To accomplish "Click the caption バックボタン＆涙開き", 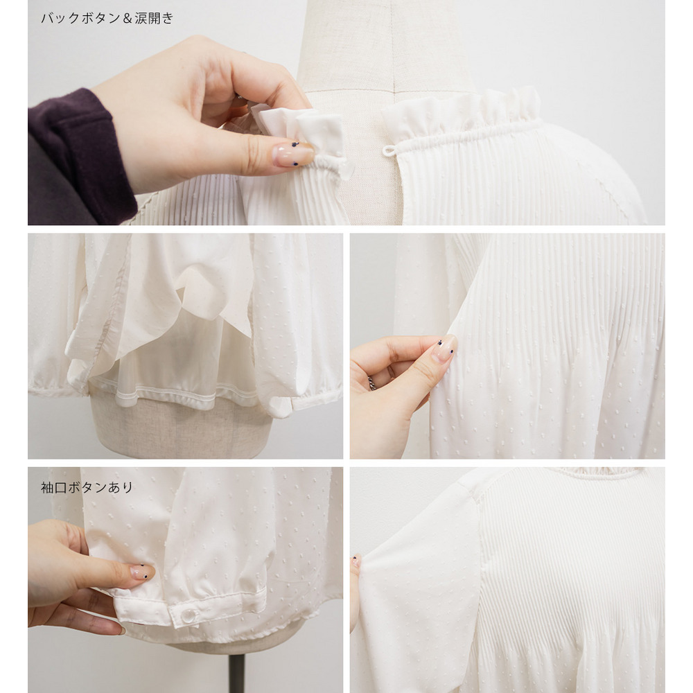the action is pos(107,18).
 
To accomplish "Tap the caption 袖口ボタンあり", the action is pos(87,487).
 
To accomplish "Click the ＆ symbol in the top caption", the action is pos(128,18).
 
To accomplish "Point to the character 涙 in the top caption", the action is pos(141,18).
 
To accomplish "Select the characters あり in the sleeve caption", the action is pos(120,487).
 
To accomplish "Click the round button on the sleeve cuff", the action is pos(188,615).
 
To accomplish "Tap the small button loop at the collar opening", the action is pos(389,150).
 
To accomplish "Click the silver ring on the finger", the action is pos(371,383).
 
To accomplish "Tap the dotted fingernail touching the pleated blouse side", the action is pos(445,349).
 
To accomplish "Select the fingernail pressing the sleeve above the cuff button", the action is pos(142,572).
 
